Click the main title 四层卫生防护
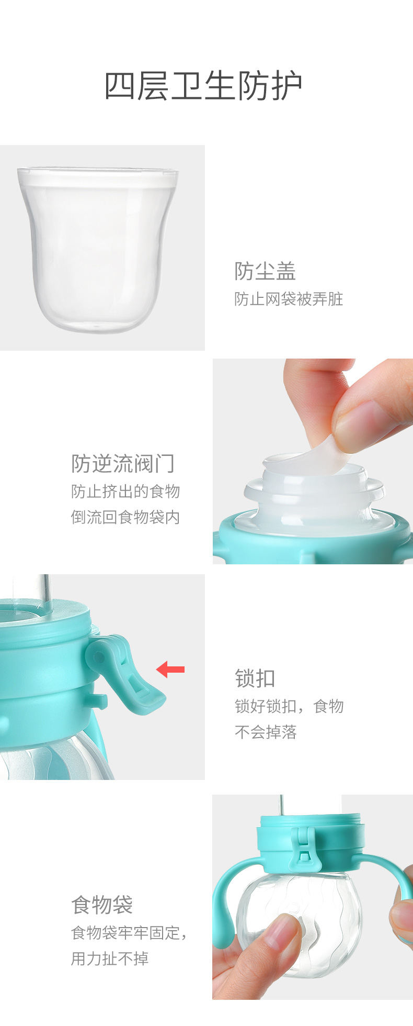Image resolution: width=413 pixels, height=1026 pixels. tap(203, 86)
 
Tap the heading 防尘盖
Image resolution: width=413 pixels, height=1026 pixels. tap(265, 271)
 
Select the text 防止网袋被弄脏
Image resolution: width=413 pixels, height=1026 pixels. tap(289, 299)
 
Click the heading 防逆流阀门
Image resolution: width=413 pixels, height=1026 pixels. tap(123, 463)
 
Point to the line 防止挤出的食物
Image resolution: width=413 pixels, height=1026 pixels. tap(125, 491)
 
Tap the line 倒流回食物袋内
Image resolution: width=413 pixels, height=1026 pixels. tap(125, 517)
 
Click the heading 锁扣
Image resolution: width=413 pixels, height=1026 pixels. tap(255, 678)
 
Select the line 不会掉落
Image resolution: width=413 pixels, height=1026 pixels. tap(266, 732)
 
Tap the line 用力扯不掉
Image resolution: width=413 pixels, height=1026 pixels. tap(110, 958)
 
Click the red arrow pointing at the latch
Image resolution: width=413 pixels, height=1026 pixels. tap(170, 669)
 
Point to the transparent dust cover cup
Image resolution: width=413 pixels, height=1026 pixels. tap(98, 249)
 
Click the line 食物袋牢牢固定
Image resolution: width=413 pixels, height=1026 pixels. tap(129, 932)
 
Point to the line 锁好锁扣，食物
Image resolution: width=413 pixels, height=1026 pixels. tap(289, 706)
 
